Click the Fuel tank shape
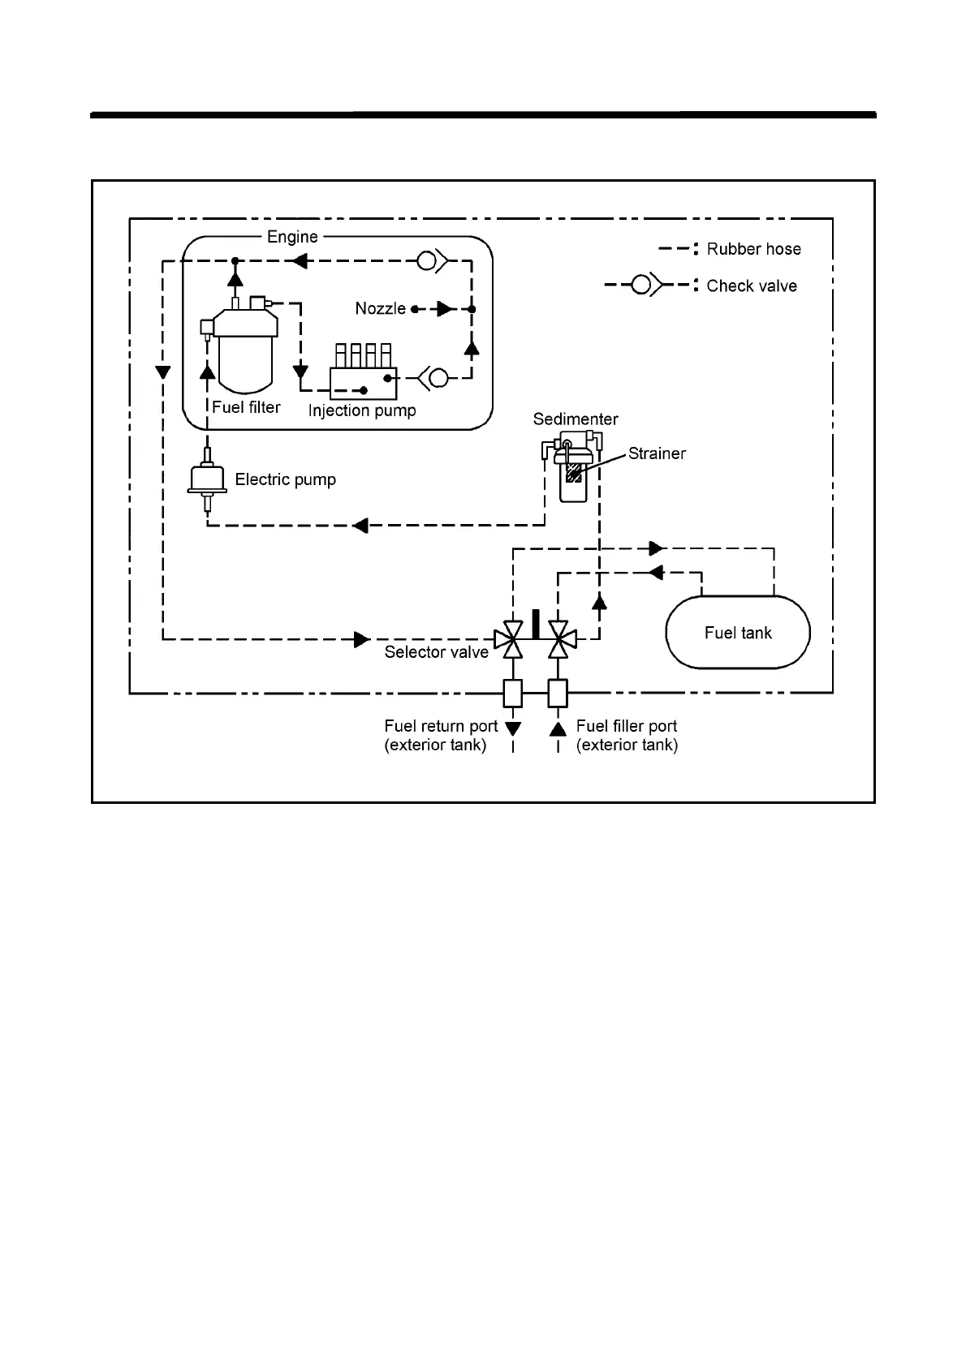(738, 633)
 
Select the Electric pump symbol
(208, 480)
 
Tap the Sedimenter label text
(576, 419)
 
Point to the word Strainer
(657, 453)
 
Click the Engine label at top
(292, 237)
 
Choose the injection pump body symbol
(363, 372)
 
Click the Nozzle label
(380, 308)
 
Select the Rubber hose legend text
(753, 249)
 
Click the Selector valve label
(436, 652)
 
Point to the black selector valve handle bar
(536, 625)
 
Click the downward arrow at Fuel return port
(513, 728)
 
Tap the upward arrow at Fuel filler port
(558, 728)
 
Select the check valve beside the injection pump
(433, 378)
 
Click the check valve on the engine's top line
(432, 261)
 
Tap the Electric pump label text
(286, 480)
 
